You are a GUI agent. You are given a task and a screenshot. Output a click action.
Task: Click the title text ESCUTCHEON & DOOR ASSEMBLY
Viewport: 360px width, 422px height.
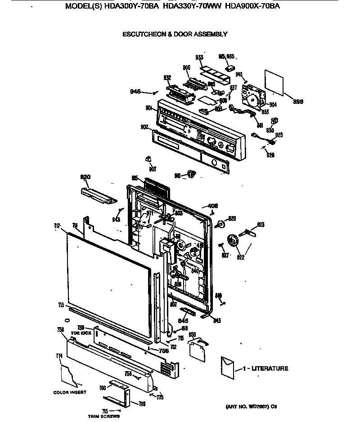(x=175, y=34)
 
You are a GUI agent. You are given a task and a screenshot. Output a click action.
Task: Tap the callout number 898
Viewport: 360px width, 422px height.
(x=297, y=102)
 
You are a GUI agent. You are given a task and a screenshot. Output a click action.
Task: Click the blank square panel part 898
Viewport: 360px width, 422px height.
(x=274, y=82)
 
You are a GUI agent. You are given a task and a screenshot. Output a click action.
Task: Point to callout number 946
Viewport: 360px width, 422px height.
(x=135, y=92)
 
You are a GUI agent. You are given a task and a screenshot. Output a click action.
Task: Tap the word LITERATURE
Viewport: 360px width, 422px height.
(x=270, y=368)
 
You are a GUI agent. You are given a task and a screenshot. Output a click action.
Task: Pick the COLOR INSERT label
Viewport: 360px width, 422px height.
(x=70, y=392)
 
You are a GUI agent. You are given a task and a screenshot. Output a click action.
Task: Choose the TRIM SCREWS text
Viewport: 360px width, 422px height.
(x=104, y=417)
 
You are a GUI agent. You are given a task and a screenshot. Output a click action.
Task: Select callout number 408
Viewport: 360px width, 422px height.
(x=213, y=206)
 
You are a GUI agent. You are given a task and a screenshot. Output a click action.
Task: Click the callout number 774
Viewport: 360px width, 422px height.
(x=59, y=356)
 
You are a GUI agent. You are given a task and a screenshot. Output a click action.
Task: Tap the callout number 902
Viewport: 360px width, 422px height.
(x=144, y=127)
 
